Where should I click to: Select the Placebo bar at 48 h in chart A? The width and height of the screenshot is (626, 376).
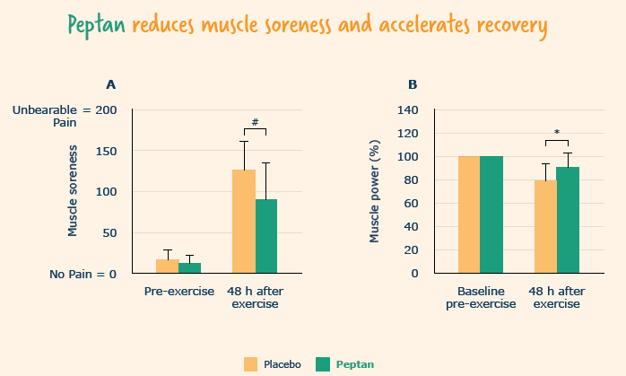(x=244, y=221)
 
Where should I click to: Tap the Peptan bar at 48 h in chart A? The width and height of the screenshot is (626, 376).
(x=266, y=236)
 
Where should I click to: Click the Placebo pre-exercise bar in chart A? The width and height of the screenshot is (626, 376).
(x=167, y=267)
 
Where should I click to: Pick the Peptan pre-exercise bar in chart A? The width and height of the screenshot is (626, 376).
(x=189, y=268)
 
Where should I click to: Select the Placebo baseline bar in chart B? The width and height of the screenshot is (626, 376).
(x=468, y=214)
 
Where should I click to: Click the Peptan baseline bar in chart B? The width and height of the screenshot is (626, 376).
(x=491, y=214)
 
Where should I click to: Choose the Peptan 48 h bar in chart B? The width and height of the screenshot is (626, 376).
(x=568, y=220)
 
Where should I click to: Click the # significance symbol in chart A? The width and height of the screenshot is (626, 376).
(x=256, y=122)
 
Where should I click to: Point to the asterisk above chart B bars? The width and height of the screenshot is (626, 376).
(x=557, y=134)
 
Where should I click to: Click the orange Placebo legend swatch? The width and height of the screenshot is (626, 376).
(x=250, y=363)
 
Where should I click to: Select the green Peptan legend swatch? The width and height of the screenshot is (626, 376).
(x=323, y=363)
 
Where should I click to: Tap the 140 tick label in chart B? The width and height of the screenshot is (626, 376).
(x=408, y=110)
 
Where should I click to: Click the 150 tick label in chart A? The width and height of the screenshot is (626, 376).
(x=105, y=151)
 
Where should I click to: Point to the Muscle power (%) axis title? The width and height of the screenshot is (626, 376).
(x=376, y=191)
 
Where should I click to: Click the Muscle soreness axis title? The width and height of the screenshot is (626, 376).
(x=74, y=191)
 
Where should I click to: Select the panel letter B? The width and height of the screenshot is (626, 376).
(x=413, y=85)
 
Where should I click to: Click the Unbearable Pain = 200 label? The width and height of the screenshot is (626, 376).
(x=65, y=117)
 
